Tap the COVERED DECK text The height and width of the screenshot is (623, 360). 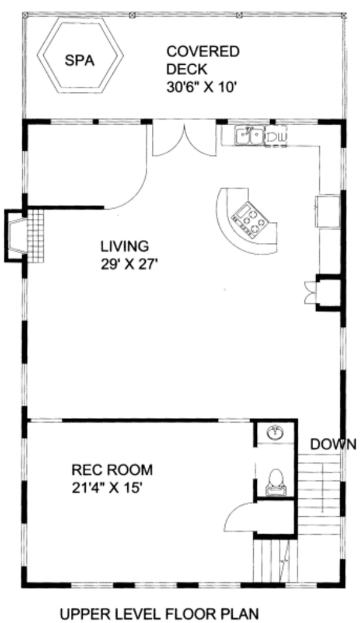pos(202,60)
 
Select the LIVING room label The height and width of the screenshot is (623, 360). pos(124,246)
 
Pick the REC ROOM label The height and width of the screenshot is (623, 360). pos(112,469)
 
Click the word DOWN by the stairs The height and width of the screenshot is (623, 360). pos(333,444)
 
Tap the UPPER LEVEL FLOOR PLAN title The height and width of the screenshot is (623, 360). pos(160,613)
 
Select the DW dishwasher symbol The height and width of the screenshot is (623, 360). pos(277,138)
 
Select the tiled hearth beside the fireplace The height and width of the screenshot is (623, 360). pos(36,235)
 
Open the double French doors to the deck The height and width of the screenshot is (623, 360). pos(184,140)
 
